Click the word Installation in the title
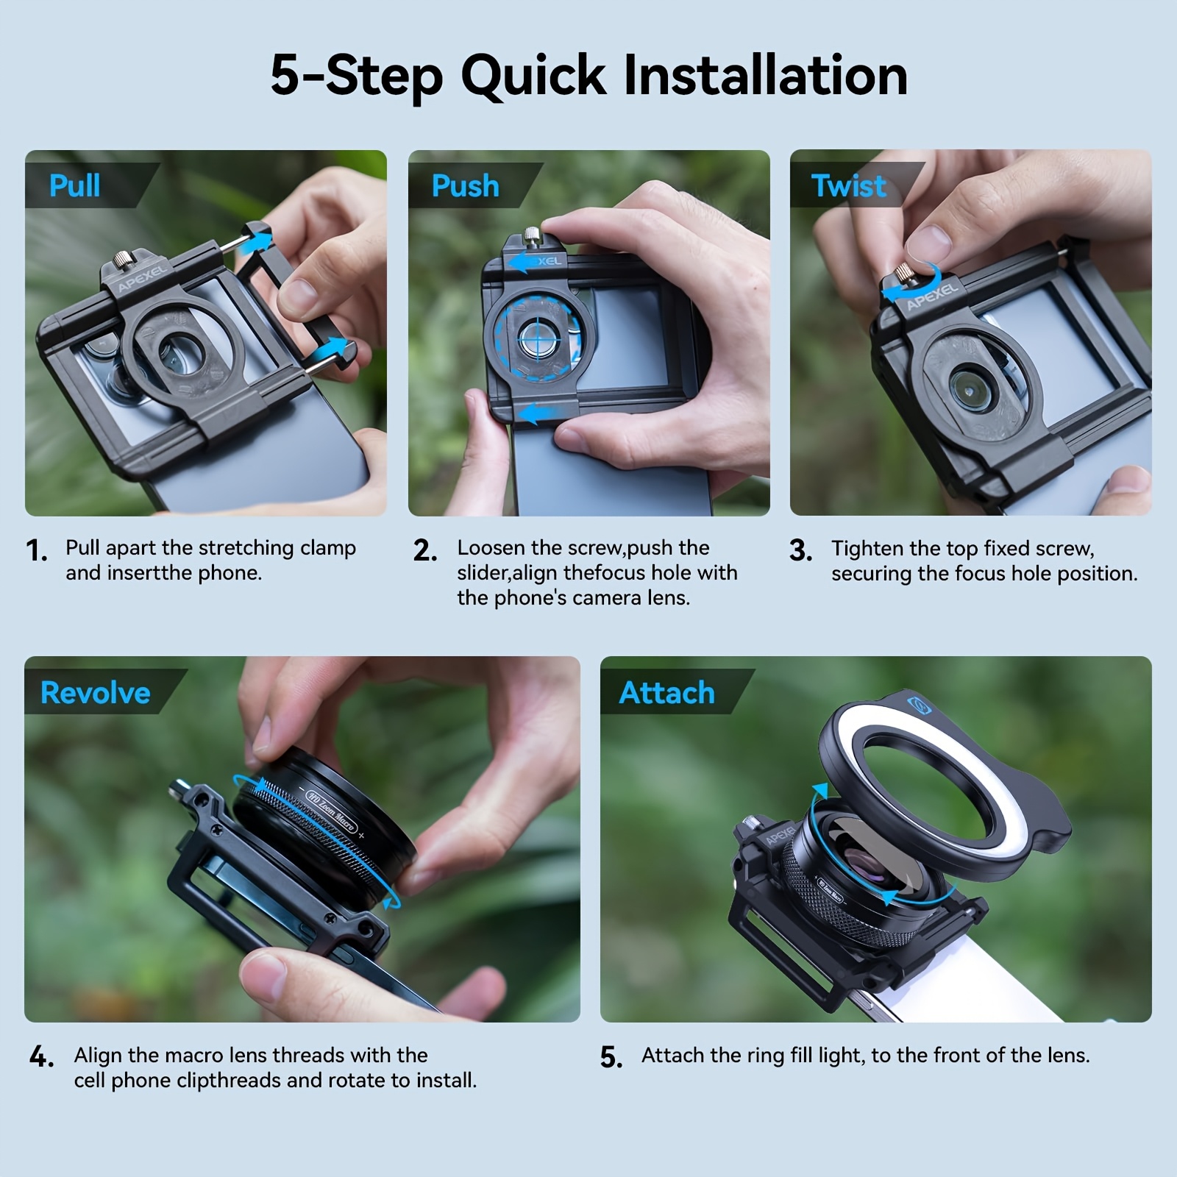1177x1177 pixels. click(765, 75)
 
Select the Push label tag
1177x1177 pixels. click(471, 185)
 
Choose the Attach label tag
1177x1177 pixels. click(673, 692)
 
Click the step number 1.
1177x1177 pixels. click(36, 550)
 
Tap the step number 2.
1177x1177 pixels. click(425, 550)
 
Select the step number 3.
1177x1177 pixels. click(800, 550)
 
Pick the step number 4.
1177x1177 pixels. click(41, 1057)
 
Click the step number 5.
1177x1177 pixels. click(611, 1057)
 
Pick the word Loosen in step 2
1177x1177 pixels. click(491, 548)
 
